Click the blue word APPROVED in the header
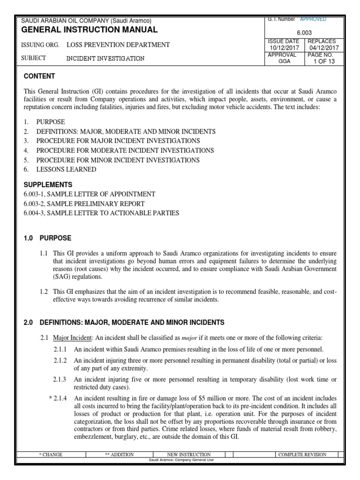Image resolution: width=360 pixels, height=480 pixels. pyautogui.click(x=313, y=19)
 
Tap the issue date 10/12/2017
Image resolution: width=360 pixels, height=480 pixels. pyautogui.click(x=284, y=48)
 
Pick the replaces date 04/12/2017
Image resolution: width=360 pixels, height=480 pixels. pyautogui.click(x=323, y=48)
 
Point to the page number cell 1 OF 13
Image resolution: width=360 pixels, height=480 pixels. pyautogui.click(x=323, y=61)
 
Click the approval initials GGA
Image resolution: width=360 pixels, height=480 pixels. pyautogui.click(x=284, y=61)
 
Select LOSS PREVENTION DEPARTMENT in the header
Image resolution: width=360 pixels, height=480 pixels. pyautogui.click(x=118, y=45)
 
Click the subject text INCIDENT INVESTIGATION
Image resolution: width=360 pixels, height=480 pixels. pyautogui.click(x=105, y=59)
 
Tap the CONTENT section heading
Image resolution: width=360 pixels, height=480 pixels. pyautogui.click(x=39, y=76)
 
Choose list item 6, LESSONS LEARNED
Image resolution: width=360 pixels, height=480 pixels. pyautogui.click(x=67, y=169)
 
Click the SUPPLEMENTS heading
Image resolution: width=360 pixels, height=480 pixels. pyautogui.click(x=48, y=185)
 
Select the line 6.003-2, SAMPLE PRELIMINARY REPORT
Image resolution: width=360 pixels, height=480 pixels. pyautogui.click(x=84, y=203)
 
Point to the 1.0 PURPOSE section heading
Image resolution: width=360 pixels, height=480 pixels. pyautogui.click(x=47, y=238)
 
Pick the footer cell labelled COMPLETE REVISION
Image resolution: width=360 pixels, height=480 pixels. pyautogui.click(x=302, y=454)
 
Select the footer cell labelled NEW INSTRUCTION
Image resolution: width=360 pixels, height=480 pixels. pyautogui.click(x=189, y=454)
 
